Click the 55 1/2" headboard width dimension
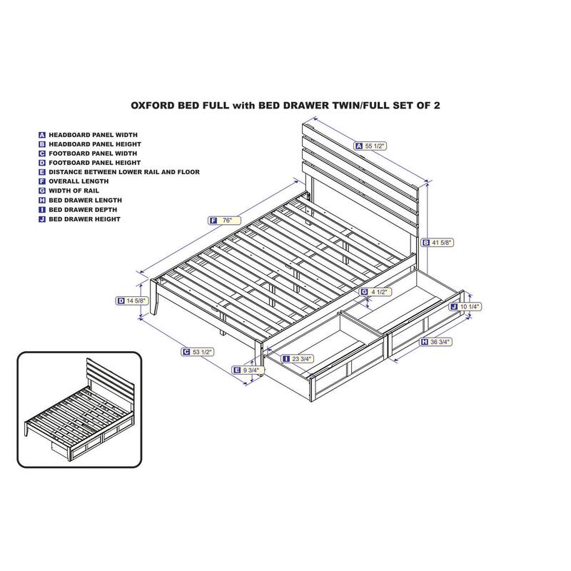[375, 146]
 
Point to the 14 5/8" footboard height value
[136, 301]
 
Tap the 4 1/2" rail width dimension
[379, 292]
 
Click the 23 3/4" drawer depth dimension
[300, 359]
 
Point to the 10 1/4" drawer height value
[468, 306]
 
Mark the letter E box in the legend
[42, 172]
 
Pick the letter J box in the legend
[42, 219]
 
